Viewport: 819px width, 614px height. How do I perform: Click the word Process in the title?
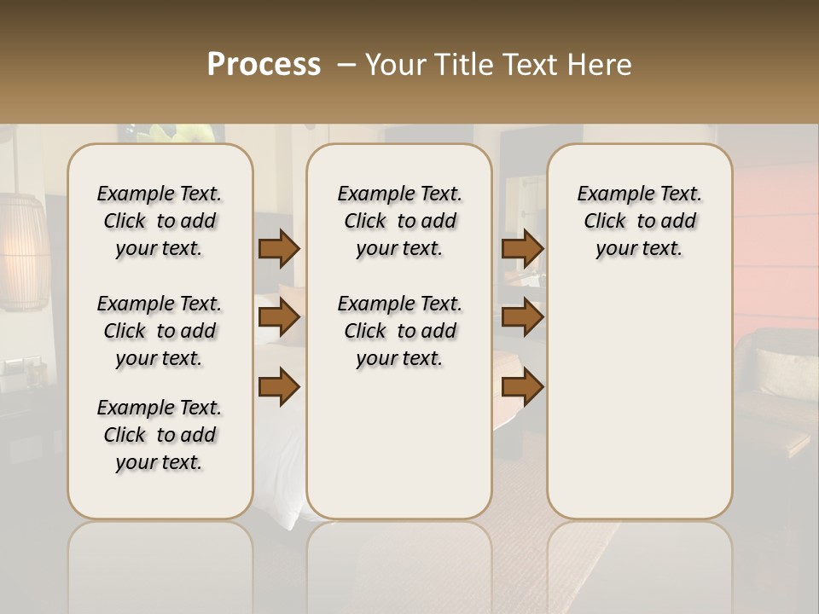[264, 65]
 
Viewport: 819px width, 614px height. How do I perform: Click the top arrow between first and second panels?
[279, 249]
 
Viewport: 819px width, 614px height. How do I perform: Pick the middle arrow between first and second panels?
[279, 318]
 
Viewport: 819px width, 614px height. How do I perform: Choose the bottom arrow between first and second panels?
[279, 386]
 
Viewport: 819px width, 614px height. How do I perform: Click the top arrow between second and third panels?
[522, 249]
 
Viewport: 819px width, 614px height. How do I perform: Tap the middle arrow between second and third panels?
[522, 318]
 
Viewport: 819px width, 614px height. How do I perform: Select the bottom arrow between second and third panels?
[522, 386]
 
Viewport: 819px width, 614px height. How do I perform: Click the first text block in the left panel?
[160, 221]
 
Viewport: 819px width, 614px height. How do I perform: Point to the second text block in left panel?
[160, 331]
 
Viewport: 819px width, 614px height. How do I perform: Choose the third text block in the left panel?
[160, 435]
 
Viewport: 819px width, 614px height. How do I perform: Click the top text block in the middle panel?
[399, 221]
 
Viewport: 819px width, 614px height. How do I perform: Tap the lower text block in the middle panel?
[399, 331]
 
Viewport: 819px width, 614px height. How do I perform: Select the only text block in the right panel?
[639, 221]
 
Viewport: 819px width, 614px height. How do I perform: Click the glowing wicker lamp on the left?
[24, 252]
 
